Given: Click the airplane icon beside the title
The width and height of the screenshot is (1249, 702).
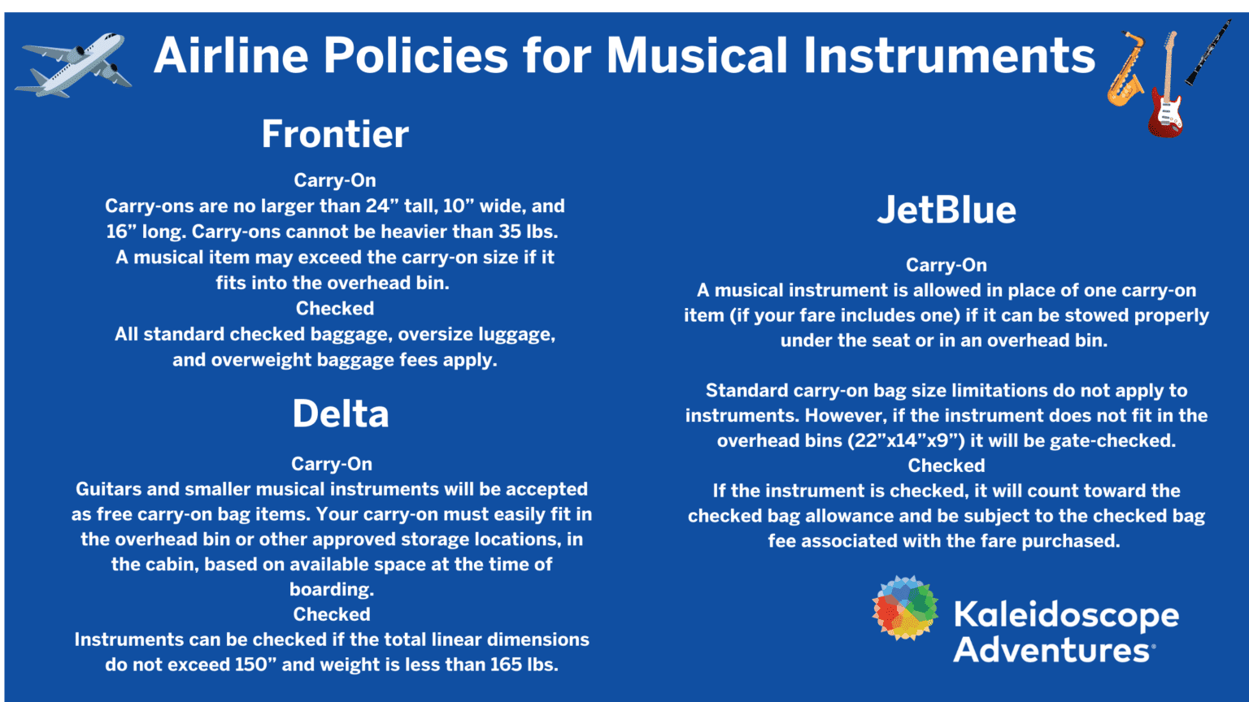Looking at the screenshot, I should pos(74,65).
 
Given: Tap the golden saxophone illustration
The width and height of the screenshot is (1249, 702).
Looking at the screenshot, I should pos(1126,70).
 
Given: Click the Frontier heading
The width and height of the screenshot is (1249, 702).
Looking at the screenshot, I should pos(335,134).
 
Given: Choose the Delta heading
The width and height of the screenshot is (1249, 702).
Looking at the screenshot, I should pos(341,414).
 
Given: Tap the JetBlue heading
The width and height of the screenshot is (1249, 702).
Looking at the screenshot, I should pos(947,210).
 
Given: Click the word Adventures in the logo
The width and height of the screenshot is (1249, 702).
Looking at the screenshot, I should pos(1051,650).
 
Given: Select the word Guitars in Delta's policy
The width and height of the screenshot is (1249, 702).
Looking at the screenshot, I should pos(109,489).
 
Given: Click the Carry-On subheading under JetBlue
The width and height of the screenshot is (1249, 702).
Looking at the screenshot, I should pos(947,265).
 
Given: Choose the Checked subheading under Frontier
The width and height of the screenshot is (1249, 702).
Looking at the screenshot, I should pos(335,309).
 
